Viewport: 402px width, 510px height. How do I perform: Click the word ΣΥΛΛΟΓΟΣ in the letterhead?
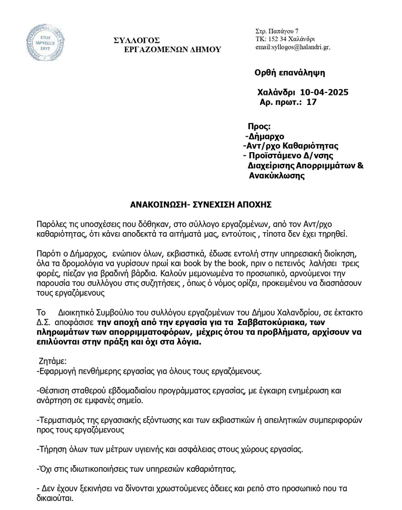point(137,40)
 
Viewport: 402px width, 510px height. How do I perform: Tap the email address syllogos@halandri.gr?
point(293,48)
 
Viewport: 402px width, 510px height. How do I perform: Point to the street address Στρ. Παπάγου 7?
point(277,31)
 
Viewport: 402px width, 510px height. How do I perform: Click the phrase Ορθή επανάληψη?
point(290,72)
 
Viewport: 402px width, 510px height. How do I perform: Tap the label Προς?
point(259,127)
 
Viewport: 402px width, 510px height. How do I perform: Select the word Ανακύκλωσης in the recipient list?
point(277,175)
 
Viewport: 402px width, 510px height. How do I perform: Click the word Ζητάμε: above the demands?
point(52,361)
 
